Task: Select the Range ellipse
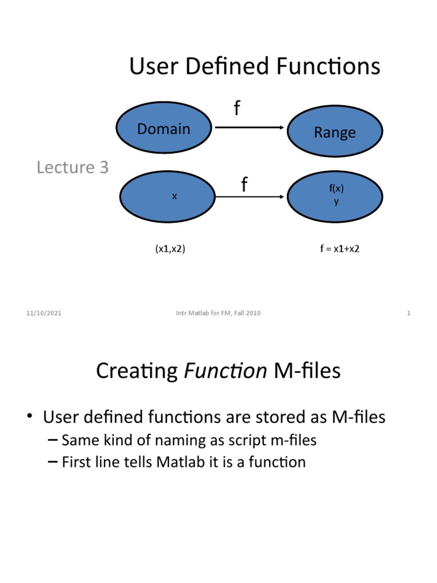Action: pyautogui.click(x=335, y=133)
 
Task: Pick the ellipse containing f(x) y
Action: pyautogui.click(x=335, y=196)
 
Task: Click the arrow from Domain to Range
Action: pyautogui.click(x=250, y=128)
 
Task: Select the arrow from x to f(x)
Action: pyautogui.click(x=250, y=197)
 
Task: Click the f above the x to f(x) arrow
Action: pyautogui.click(x=244, y=184)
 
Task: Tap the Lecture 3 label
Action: pyautogui.click(x=72, y=167)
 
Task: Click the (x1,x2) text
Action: pyautogui.click(x=170, y=249)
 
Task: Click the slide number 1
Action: pyautogui.click(x=409, y=313)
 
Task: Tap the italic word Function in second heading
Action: pyautogui.click(x=226, y=371)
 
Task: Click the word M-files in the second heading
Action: pyautogui.click(x=307, y=371)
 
